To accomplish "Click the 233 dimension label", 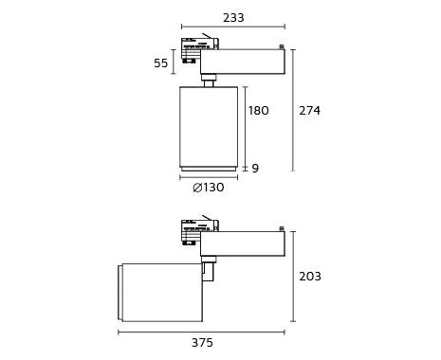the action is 233,18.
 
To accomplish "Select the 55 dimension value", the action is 161,63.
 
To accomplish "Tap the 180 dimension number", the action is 259,111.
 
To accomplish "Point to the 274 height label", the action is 310,111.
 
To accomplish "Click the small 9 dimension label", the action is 255,169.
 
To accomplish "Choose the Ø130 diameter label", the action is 209,188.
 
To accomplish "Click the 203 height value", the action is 310,277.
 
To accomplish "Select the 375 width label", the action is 202,343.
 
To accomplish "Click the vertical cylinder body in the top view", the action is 209,127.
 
